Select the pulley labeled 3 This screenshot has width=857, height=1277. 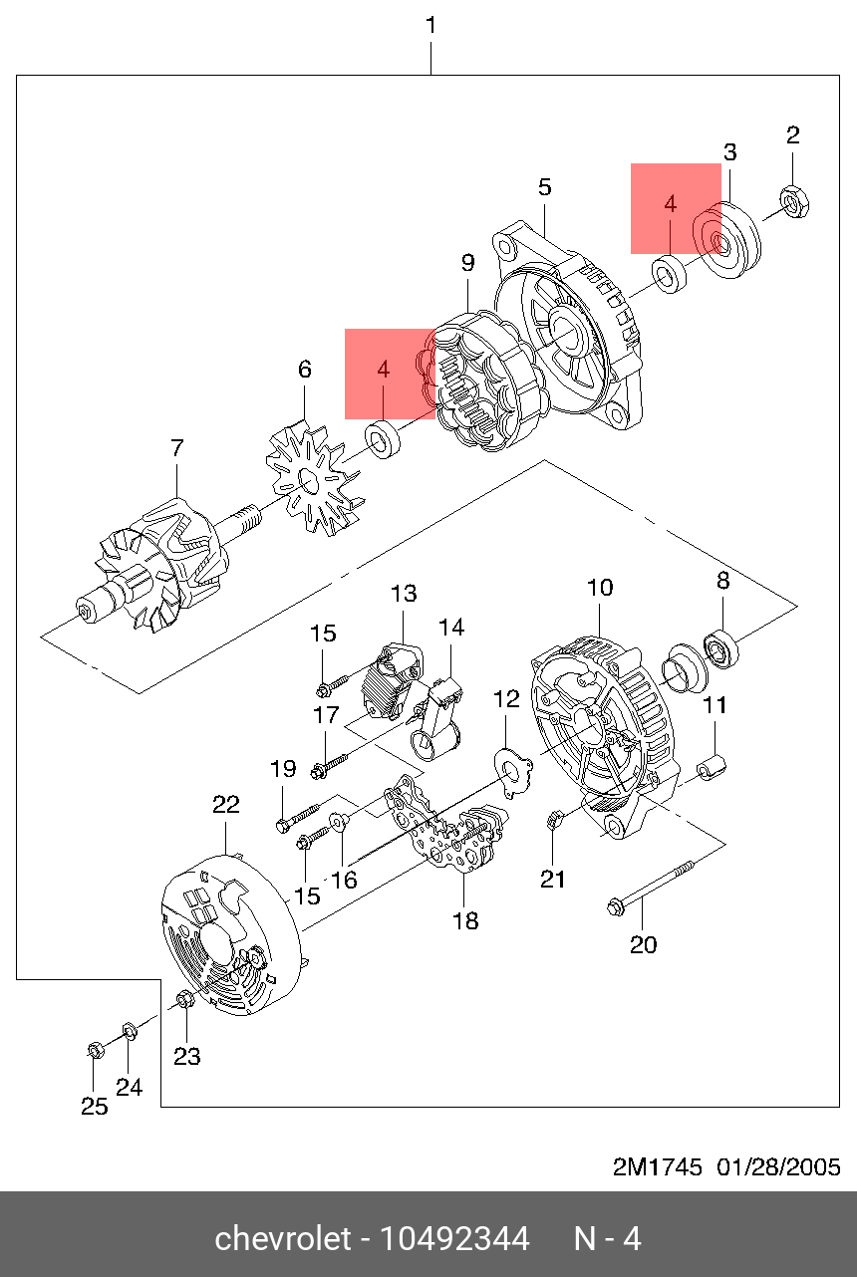[x=726, y=240]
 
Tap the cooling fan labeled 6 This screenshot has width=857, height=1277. [x=314, y=479]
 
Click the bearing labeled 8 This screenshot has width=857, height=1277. [x=721, y=648]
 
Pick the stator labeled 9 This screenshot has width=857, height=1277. [x=483, y=381]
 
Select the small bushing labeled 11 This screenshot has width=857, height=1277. [x=712, y=767]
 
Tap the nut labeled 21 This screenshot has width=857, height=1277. [x=553, y=822]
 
